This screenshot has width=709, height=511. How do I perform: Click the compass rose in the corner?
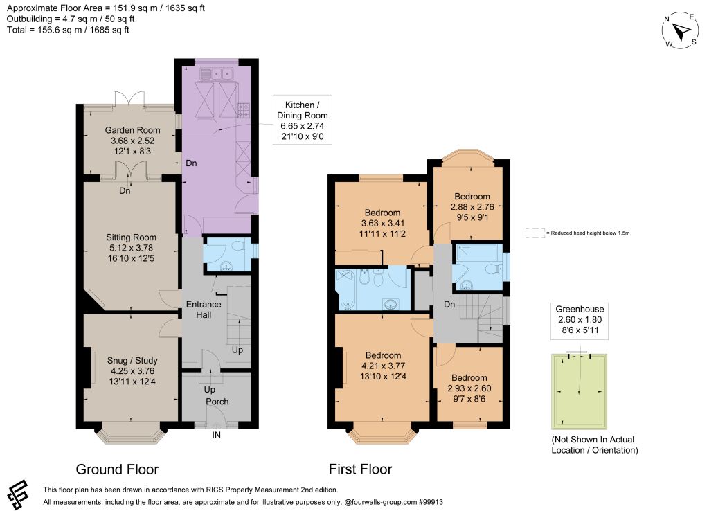point(680,30)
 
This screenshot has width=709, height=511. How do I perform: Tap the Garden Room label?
point(132,130)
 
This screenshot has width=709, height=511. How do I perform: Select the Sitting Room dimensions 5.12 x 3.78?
point(131,248)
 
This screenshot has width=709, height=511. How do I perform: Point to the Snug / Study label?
point(132,361)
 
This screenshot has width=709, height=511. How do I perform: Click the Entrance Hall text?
point(204,310)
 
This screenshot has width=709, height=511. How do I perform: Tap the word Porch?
point(217,402)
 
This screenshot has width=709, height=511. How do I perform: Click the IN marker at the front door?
point(217,435)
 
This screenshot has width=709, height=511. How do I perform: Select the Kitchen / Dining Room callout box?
point(303,120)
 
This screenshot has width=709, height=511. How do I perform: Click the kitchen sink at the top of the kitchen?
point(216,73)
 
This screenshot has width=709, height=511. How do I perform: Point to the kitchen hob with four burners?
point(243,110)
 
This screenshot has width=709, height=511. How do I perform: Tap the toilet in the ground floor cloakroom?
point(238,246)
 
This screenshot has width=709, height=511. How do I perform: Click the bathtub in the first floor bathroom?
point(346,289)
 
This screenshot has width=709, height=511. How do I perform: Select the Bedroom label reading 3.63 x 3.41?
point(382,223)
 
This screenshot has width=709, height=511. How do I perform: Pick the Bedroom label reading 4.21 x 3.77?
point(383,366)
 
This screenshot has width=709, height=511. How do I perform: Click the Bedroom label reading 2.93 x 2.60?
point(469,388)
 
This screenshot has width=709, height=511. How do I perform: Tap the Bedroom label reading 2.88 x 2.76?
point(472,206)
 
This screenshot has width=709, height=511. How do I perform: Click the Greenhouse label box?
point(580,320)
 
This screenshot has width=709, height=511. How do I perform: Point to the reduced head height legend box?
point(535,233)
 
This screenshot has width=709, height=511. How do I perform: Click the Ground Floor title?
point(117,469)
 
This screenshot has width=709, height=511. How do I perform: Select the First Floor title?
point(360,469)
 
